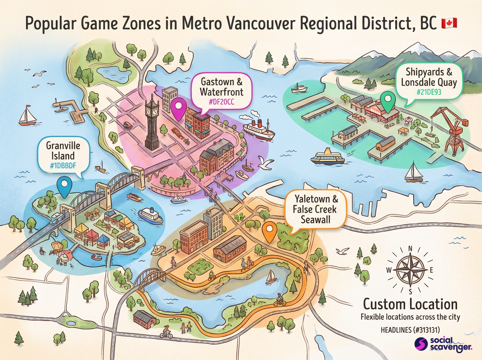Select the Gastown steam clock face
(152, 109)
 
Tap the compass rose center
(410, 269)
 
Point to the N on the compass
(410, 248)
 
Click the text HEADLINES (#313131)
(410, 330)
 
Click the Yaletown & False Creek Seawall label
(315, 209)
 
